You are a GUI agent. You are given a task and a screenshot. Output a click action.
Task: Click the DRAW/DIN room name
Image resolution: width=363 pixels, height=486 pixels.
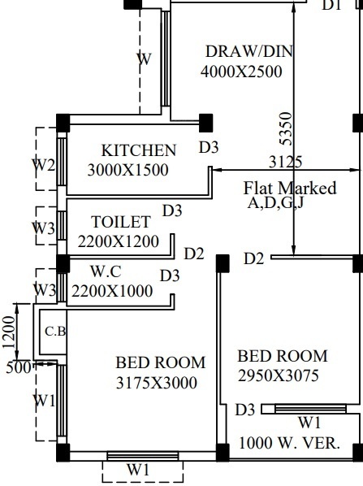[248, 52]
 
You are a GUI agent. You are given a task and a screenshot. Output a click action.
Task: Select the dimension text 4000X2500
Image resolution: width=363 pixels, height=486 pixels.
[241, 72]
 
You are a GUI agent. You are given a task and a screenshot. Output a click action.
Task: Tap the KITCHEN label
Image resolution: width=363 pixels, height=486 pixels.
[138, 150]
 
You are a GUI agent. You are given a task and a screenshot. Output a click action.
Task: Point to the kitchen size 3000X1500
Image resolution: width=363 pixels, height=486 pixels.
[127, 171]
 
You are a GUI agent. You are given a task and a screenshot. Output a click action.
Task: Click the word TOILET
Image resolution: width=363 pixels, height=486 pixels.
[121, 222]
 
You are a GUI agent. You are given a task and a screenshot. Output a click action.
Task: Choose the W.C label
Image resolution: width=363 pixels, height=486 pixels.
[106, 271]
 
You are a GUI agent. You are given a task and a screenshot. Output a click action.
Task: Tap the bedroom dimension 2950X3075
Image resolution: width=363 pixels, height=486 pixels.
[278, 375]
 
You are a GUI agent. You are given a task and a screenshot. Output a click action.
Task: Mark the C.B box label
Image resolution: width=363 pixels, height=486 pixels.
[54, 331]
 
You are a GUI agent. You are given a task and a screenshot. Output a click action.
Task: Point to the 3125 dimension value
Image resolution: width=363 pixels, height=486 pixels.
[286, 162]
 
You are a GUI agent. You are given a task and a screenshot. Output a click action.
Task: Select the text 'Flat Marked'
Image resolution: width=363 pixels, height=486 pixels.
[290, 189]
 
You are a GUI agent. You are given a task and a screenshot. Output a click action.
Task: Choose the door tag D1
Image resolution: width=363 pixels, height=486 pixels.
[332, 6]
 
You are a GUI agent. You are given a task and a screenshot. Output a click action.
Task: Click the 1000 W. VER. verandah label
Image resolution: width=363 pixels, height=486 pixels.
[289, 444]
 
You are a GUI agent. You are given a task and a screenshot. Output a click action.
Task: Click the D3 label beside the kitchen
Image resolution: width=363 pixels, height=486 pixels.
[209, 147]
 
